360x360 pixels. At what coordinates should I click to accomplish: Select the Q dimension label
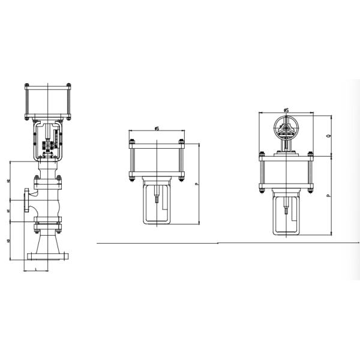coord(328,136)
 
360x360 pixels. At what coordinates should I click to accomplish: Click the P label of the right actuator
coord(328,196)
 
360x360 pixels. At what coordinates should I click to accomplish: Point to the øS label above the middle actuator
coord(157,128)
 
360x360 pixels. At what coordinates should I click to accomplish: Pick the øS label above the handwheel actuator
coord(287,110)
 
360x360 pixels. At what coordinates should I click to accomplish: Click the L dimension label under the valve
coord(38,269)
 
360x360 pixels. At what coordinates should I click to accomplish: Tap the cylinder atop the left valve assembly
coord(48,100)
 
